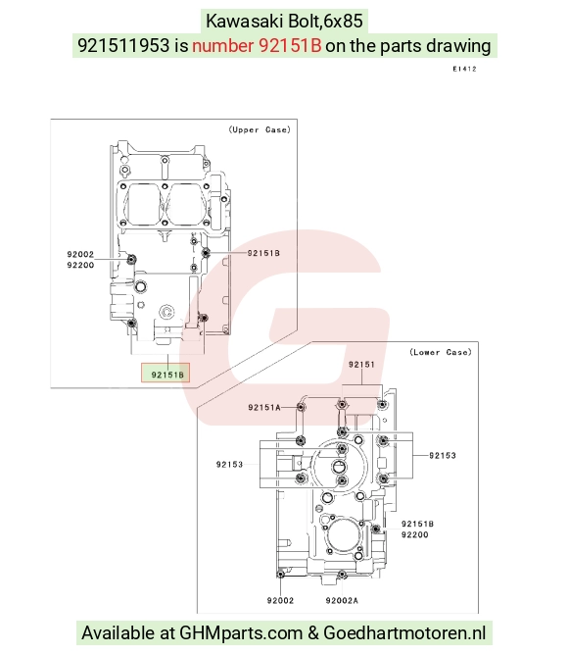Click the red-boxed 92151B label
[167, 375]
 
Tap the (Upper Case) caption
[260, 129]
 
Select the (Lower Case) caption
[441, 352]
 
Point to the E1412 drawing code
[464, 69]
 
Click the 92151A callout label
[264, 408]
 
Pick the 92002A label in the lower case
[342, 601]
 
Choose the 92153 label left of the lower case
[229, 464]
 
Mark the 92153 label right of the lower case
[443, 456]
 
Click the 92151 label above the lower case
[361, 365]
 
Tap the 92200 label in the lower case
[414, 534]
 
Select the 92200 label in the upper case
[80, 265]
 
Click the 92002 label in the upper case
[80, 254]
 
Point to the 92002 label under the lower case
[280, 601]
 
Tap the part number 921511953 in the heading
[123, 45]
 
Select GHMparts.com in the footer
[241, 632]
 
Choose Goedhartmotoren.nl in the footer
[404, 632]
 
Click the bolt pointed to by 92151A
[301, 407]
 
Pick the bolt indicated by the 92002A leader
[342, 575]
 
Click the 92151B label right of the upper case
[263, 253]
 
